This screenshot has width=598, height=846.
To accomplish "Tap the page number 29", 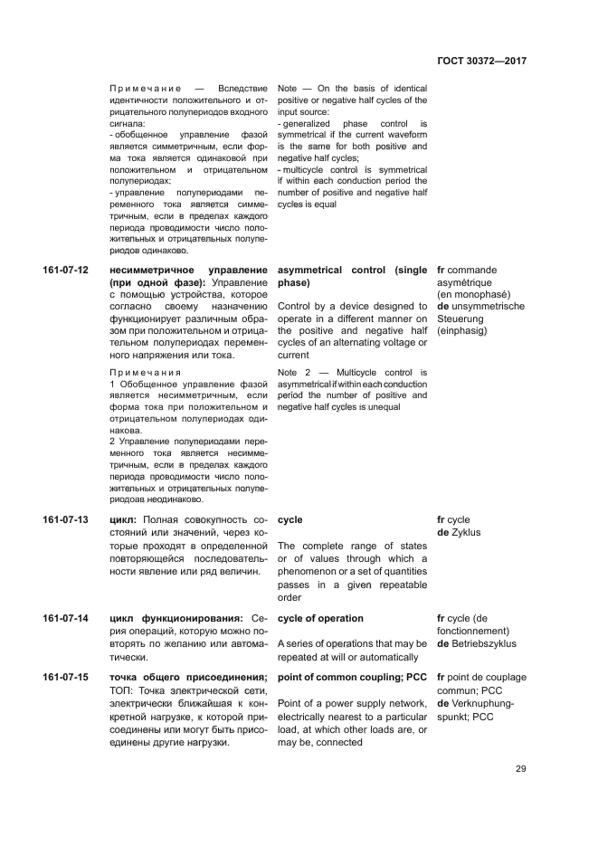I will [519, 769].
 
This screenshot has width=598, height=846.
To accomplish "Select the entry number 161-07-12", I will [65, 271].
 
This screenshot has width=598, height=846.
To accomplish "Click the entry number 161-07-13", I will [65, 520].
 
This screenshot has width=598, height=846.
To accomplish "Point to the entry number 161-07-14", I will [65, 619].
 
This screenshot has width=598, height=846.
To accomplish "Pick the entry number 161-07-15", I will [65, 678].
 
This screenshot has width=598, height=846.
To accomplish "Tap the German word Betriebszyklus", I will [489, 644].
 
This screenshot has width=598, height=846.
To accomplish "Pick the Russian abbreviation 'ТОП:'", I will [122, 690].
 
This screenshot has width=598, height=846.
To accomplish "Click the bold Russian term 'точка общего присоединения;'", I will [188, 678].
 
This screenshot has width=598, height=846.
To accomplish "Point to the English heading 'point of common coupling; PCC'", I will [351, 678].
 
